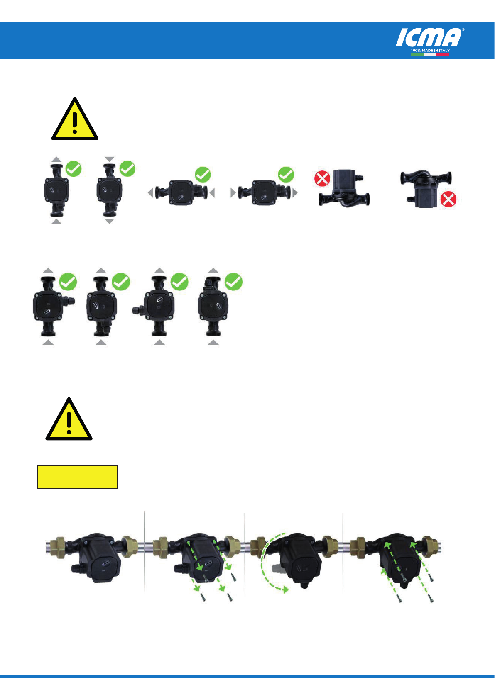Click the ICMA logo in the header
[x=429, y=37]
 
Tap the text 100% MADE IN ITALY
[x=430, y=51]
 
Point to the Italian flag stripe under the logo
[x=430, y=55]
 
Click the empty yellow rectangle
[x=78, y=477]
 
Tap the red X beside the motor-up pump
[x=322, y=178]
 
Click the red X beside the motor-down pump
[x=448, y=200]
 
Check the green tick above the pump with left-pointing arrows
[x=203, y=174]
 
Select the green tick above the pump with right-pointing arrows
[x=286, y=174]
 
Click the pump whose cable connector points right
[x=54, y=306]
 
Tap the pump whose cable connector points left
[x=153, y=306]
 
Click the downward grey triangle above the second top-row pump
[x=109, y=159]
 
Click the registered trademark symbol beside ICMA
[x=463, y=29]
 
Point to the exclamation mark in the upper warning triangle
[x=75, y=123]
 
